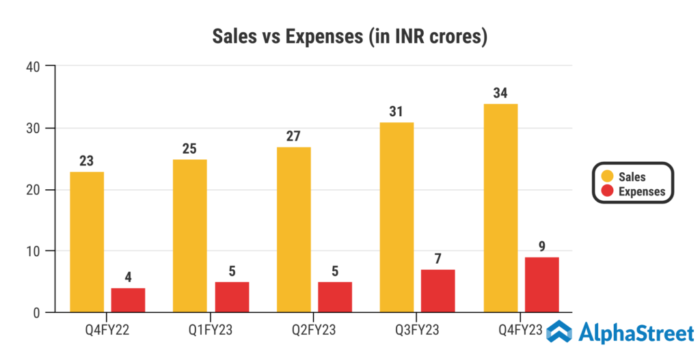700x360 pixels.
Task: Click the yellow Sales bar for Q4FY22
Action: point(87,242)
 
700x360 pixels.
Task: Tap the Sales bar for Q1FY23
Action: point(190,236)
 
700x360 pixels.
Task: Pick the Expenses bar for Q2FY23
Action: point(335,297)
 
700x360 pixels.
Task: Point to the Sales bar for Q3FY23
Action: point(396,217)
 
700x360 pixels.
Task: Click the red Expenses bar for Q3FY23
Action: point(438,291)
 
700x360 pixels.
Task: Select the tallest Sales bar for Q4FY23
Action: point(500,208)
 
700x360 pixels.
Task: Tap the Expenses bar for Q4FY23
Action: point(541,285)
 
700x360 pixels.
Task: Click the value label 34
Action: point(500,93)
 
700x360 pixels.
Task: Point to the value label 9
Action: point(541,246)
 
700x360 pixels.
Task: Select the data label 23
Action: point(87,161)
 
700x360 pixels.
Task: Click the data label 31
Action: point(396,111)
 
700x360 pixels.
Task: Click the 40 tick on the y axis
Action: point(32,66)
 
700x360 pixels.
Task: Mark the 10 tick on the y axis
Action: point(32,251)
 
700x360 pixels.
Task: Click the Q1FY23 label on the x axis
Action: point(211,331)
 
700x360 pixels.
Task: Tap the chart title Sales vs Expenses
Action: point(349,36)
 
